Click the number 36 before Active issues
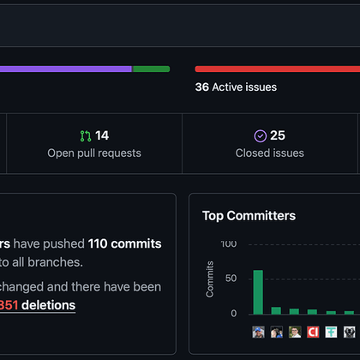coord(202,87)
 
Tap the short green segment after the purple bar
coord(151,69)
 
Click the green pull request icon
coord(85,135)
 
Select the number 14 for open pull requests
coord(102,135)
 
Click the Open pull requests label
coord(94,153)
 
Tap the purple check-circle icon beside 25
coord(261,135)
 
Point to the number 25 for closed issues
coord(278,135)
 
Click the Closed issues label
coord(269,153)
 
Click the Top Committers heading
coord(249,216)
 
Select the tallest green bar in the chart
coord(258,292)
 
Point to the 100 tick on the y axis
coord(229,244)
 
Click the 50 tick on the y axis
coord(231,279)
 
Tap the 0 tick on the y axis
coord(234,314)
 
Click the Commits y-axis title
coord(210,279)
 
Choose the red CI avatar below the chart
coord(313,332)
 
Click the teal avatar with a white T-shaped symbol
coord(331,332)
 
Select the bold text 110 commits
coord(124,244)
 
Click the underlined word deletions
coord(48,305)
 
